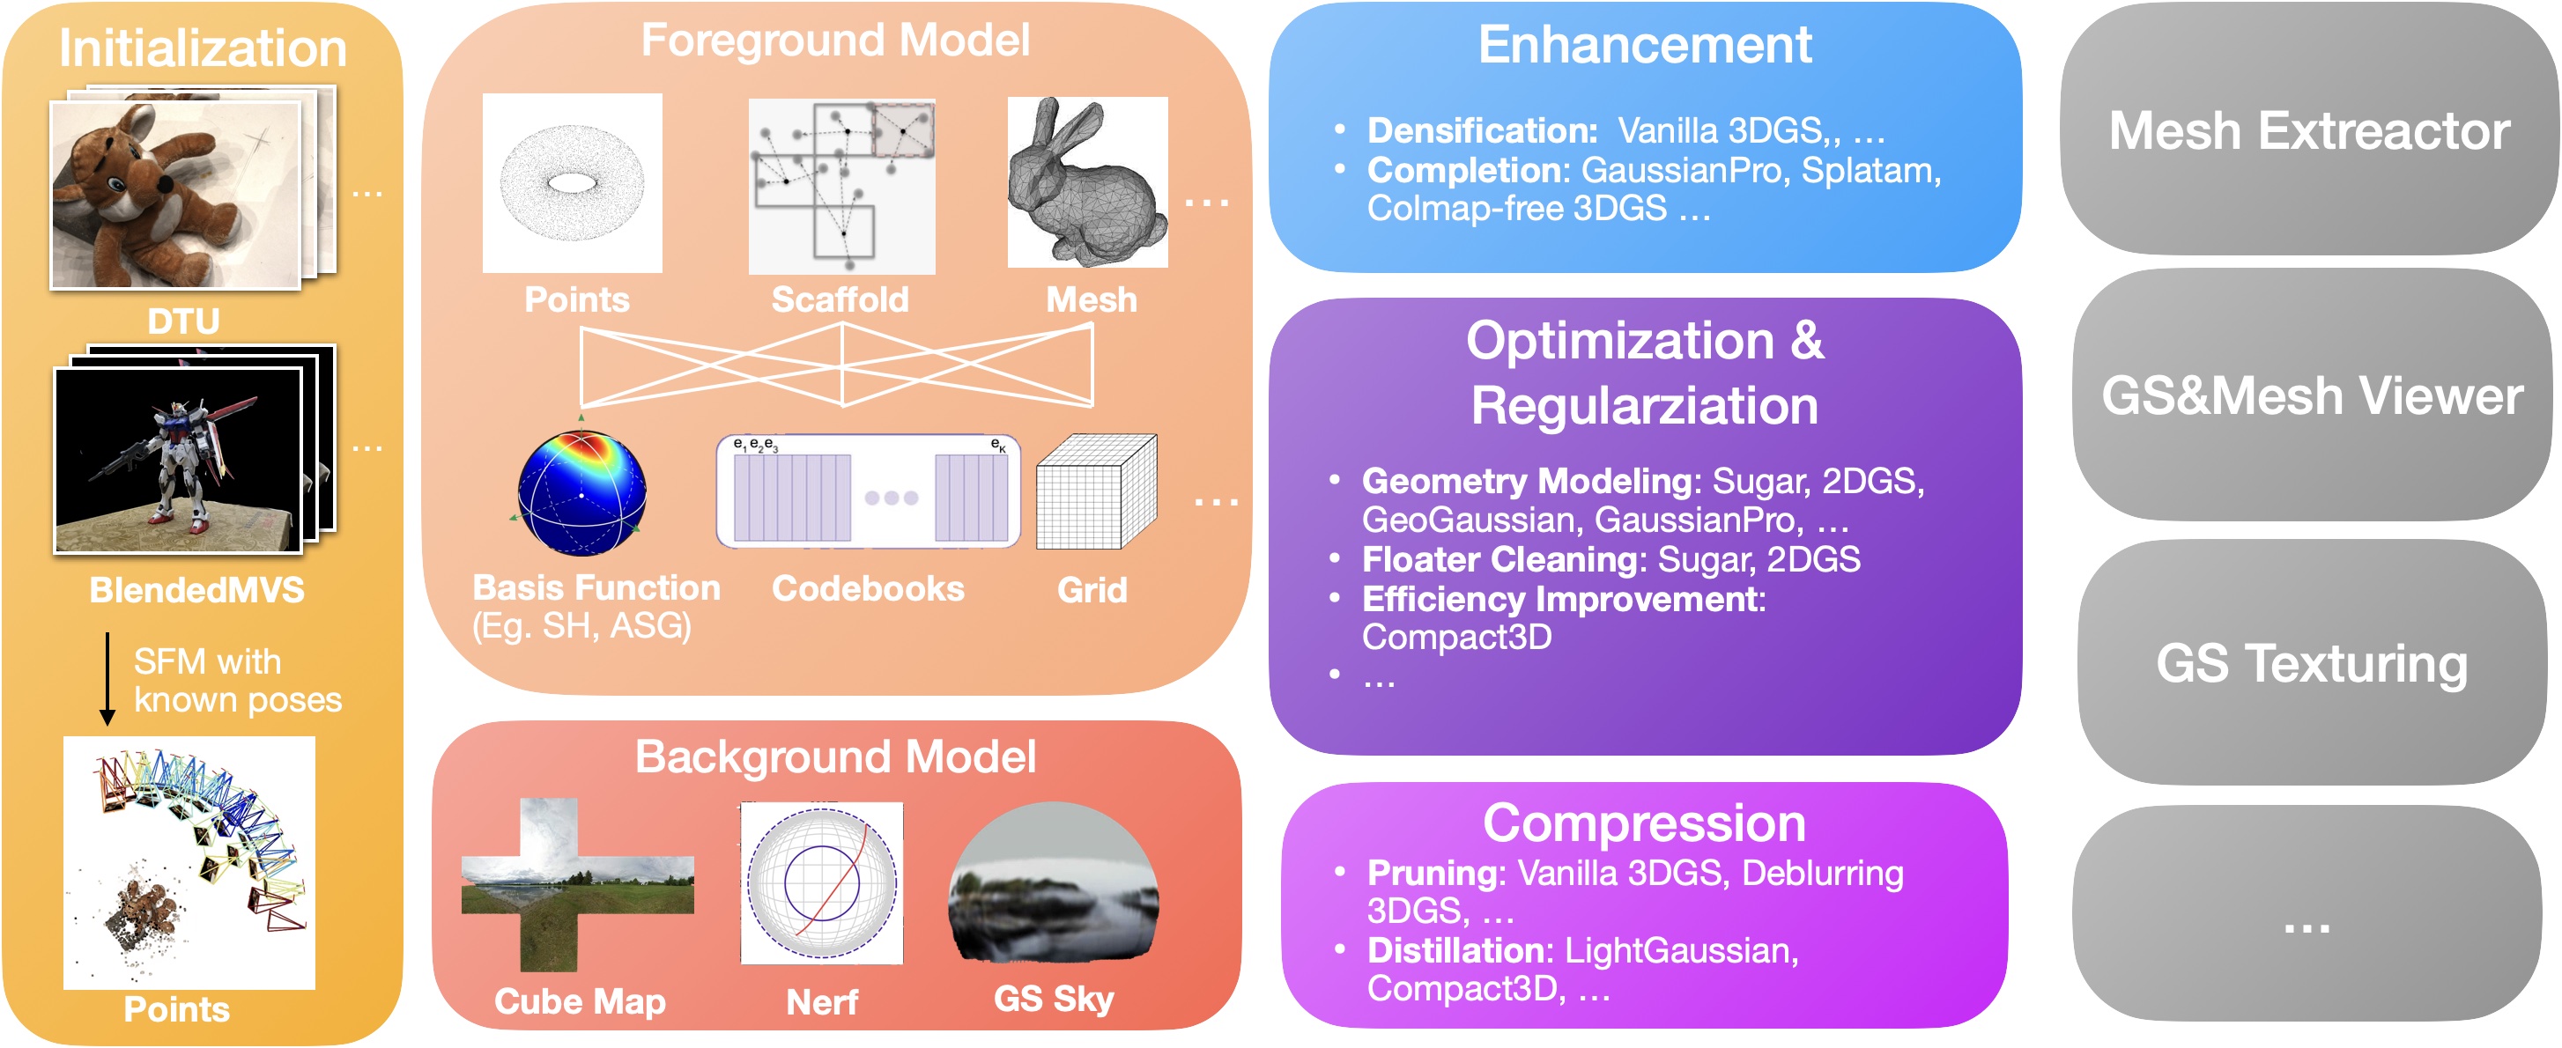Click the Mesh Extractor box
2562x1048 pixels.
point(2308,130)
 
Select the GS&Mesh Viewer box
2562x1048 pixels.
point(2312,395)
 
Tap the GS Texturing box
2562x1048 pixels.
point(2312,663)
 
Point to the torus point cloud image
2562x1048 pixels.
point(572,182)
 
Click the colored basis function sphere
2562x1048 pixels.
point(581,493)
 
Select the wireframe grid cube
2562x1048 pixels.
point(1095,491)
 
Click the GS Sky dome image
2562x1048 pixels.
point(1052,884)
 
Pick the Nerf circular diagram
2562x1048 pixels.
point(821,883)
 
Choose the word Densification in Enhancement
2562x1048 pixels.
point(1481,130)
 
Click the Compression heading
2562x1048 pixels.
point(1644,823)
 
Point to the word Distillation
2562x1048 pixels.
point(1457,949)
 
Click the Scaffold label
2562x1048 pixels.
point(840,299)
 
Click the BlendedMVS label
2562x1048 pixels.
point(197,590)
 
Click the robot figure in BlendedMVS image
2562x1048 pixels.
point(184,457)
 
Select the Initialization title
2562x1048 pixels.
point(202,48)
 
